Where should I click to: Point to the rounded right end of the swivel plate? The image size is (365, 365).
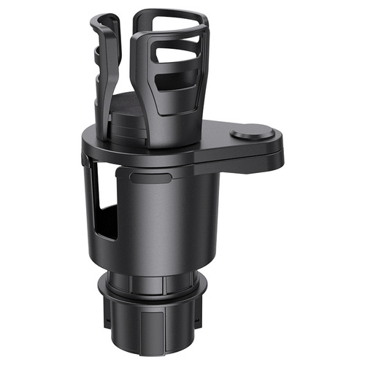coord(272,139)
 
